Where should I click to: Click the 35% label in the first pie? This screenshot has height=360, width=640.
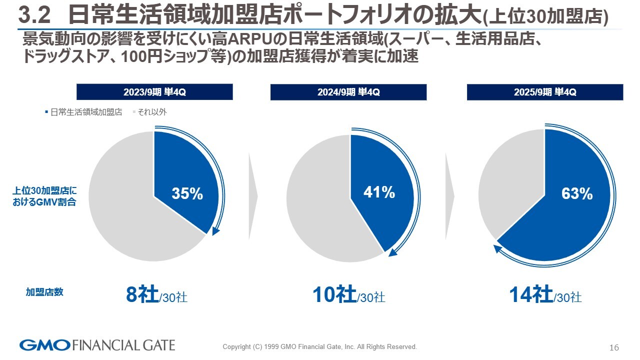[187, 194]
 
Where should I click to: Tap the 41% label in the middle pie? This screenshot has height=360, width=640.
[379, 192]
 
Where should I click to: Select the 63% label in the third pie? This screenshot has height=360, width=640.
[577, 194]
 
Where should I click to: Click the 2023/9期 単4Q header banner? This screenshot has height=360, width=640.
[154, 92]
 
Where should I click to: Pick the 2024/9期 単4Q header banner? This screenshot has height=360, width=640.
[348, 92]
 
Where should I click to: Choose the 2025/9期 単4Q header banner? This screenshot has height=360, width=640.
[545, 92]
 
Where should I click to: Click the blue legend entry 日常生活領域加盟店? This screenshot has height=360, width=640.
[83, 112]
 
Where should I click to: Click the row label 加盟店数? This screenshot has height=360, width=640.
[44, 292]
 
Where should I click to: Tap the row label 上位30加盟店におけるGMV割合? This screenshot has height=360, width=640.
[44, 196]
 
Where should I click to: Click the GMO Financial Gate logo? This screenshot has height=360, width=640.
[97, 345]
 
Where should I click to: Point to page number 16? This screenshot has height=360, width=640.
[614, 347]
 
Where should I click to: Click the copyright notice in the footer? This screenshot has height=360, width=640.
[319, 346]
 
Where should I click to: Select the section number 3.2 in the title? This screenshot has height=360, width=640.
[34, 16]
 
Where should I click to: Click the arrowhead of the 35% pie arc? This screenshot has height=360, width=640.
[216, 231]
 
